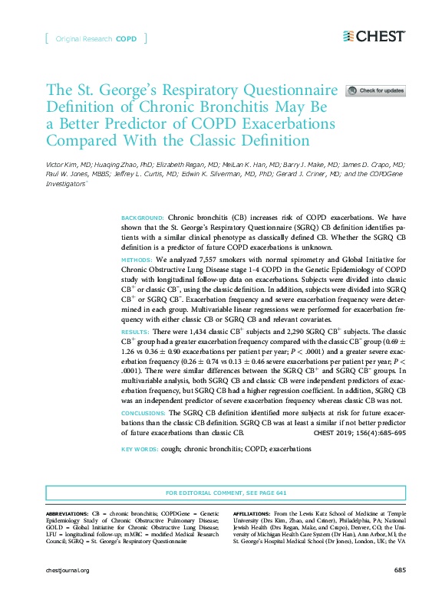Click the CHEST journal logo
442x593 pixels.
374,36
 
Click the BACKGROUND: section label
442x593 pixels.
142,218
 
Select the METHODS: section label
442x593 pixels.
137,260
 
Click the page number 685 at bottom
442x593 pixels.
399,570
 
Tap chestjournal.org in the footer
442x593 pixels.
68,570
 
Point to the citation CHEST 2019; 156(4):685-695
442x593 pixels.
360,432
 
